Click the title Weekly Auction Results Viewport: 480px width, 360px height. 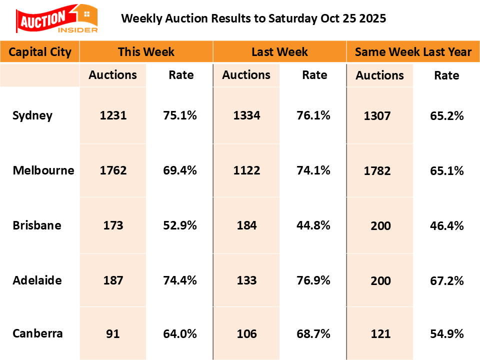pyautogui.click(x=253, y=19)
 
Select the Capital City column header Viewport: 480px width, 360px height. pyautogui.click(x=40, y=51)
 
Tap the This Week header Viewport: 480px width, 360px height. pyautogui.click(x=146, y=51)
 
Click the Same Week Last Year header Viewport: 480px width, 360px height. pyautogui.click(x=413, y=51)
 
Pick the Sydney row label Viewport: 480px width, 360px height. pyautogui.click(x=32, y=115)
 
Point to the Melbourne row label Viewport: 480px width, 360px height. pyautogui.click(x=43, y=170)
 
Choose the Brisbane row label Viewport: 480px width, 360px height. pyautogui.click(x=37, y=225)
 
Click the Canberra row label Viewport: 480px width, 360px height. pyautogui.click(x=38, y=333)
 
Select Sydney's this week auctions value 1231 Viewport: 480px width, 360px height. pyautogui.click(x=113, y=115)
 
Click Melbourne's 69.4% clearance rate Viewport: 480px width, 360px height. pyautogui.click(x=180, y=170)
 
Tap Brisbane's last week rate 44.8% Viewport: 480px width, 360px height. pyautogui.click(x=313, y=225)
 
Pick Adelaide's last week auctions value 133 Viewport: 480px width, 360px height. pyautogui.click(x=246, y=280)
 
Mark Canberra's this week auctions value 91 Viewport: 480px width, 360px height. pyautogui.click(x=113, y=333)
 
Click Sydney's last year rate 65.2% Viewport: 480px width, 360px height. pyautogui.click(x=447, y=116)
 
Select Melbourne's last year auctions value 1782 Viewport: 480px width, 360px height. pyautogui.click(x=380, y=170)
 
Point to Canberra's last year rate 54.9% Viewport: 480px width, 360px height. pyautogui.click(x=447, y=333)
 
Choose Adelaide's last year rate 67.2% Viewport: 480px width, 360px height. pyautogui.click(x=447, y=280)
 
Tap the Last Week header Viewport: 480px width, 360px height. pyautogui.click(x=279, y=51)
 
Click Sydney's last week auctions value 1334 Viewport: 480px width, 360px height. pyautogui.click(x=246, y=115)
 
